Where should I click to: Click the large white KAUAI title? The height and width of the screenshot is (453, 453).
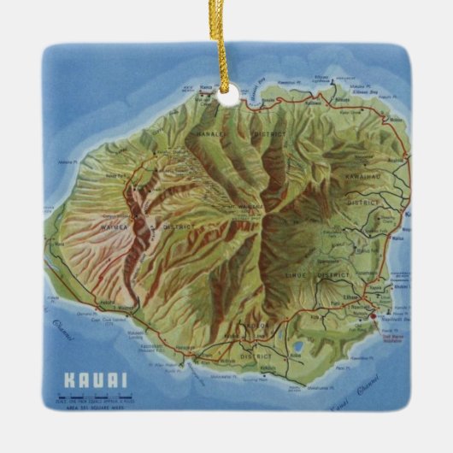click(94, 380)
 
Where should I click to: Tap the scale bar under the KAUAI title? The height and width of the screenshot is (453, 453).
click(96, 396)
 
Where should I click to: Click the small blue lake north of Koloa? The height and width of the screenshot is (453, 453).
click(297, 347)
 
